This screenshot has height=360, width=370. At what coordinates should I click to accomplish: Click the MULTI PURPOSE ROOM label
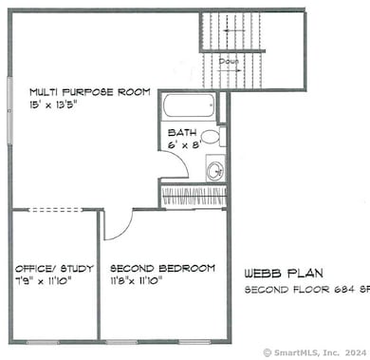pos(89,92)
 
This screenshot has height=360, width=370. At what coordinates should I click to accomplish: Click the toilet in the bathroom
pos(211,137)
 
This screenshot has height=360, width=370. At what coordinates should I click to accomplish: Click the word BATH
pos(182,132)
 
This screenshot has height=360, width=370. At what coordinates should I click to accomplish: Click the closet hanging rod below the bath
pos(194,197)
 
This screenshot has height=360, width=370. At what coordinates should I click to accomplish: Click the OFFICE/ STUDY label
pos(48,268)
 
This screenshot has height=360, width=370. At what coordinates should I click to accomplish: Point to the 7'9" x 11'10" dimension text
pos(44,281)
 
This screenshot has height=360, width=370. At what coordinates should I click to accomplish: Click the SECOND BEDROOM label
pos(162,268)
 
